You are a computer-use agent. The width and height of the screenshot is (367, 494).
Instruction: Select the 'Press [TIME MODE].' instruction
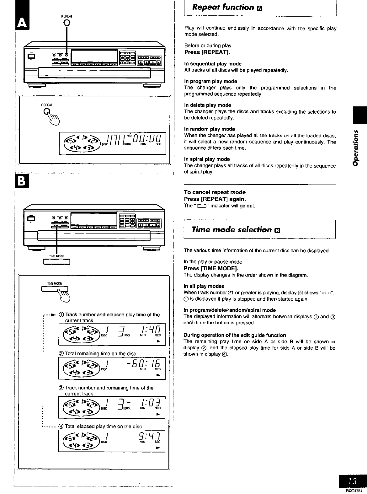(211, 268)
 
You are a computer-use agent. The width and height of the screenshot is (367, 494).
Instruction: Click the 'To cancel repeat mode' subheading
(215, 192)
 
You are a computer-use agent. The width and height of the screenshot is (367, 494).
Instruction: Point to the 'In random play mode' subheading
(209, 129)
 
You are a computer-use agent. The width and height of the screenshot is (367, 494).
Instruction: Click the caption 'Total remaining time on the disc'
(100, 354)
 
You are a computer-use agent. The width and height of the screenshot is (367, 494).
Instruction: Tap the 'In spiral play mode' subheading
(207, 159)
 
